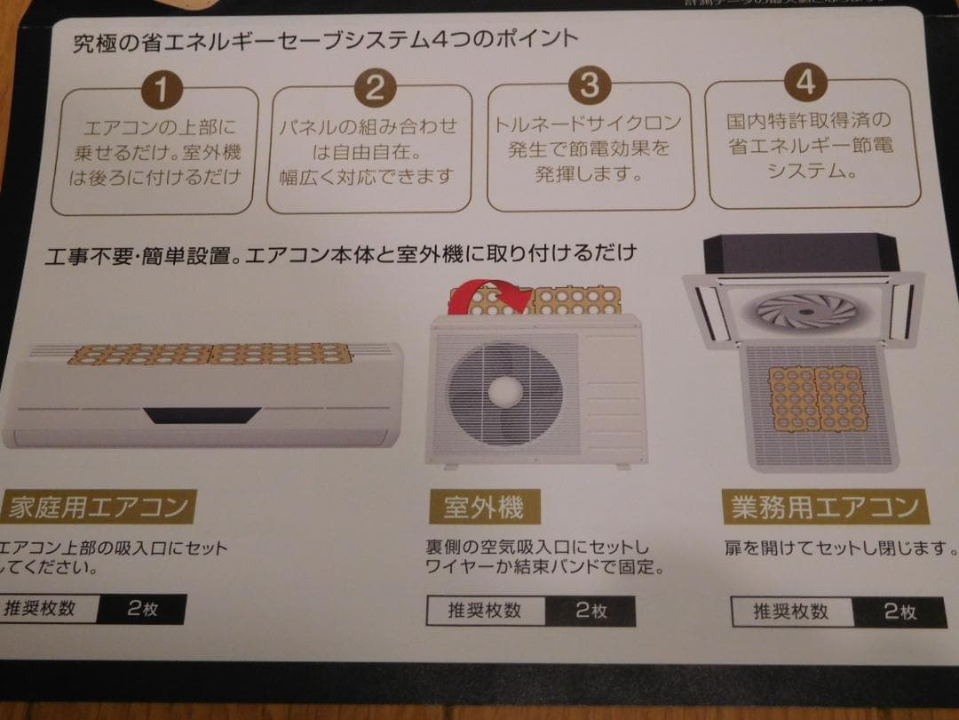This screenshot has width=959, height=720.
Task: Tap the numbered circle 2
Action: [x=374, y=88]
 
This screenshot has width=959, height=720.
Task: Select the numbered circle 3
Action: [x=589, y=85]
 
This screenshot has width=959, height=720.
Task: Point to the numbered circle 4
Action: [x=804, y=82]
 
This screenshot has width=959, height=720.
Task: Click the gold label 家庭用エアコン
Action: [x=97, y=508]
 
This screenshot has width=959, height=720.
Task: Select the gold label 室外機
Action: [x=483, y=508]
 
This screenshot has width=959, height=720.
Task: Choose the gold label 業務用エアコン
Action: [x=825, y=508]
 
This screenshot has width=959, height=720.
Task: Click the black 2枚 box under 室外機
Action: [x=590, y=611]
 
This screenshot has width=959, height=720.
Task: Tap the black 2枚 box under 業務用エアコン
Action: [x=900, y=612]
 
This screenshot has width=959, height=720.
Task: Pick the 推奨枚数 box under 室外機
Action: [x=485, y=611]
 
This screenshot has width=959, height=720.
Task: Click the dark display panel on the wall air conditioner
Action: [x=202, y=414]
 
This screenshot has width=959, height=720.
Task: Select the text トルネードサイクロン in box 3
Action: [x=588, y=123]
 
